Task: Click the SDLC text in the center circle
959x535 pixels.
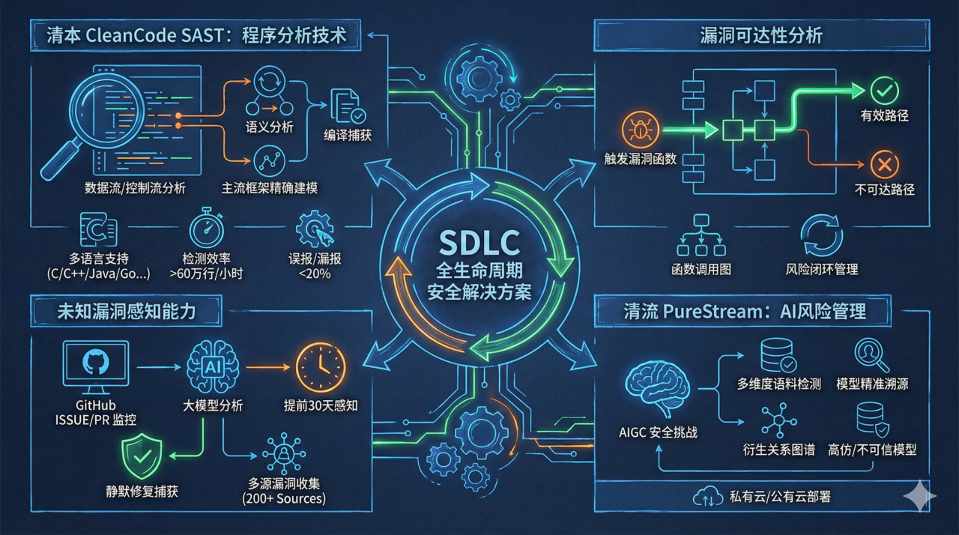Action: (479, 244)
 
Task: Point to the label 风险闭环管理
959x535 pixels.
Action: (822, 269)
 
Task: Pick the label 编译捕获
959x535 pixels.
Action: (348, 136)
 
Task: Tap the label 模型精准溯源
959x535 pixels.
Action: (871, 384)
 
